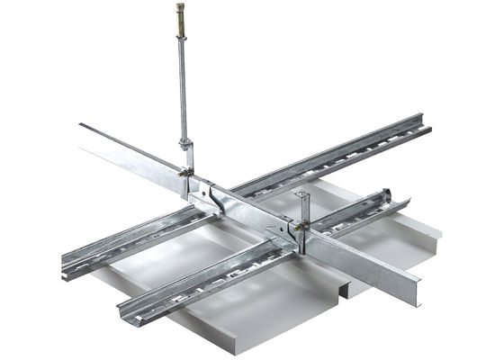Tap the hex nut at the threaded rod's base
[185, 144]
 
